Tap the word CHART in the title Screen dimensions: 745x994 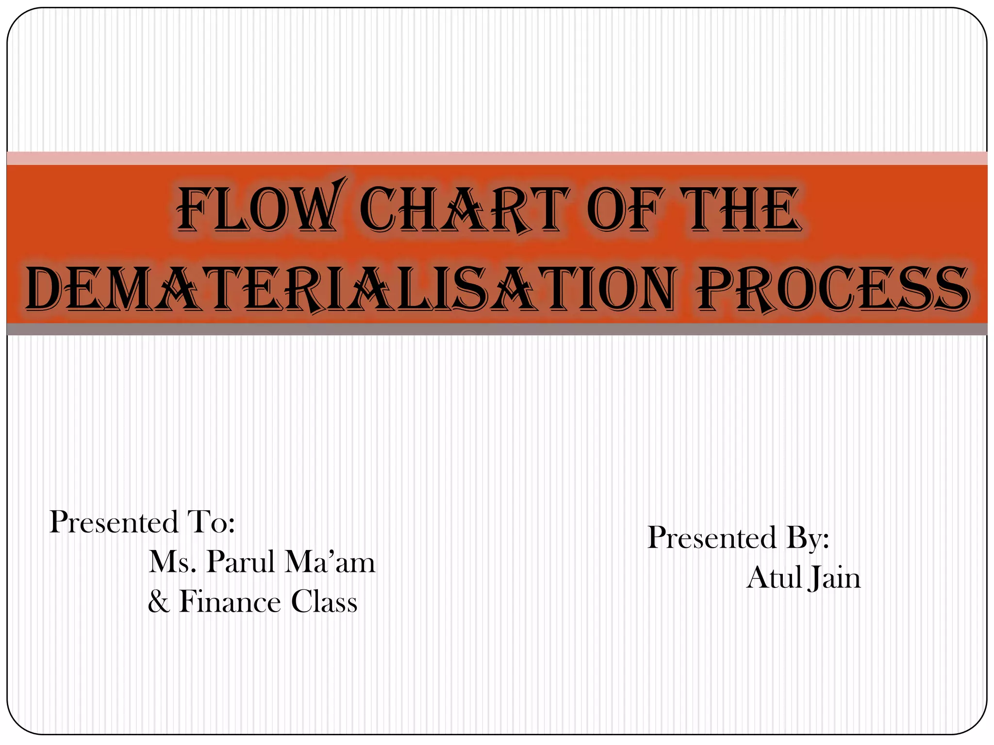point(464,210)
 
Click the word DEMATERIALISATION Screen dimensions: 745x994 point(349,290)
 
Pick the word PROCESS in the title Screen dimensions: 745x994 point(833,290)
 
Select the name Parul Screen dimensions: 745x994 point(241,562)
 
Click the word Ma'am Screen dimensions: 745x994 point(330,562)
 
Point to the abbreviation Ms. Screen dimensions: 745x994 point(172,562)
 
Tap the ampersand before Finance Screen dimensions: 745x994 point(159,602)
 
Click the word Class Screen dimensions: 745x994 point(324,602)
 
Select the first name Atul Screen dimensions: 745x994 point(775,578)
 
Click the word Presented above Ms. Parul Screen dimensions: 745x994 point(114,522)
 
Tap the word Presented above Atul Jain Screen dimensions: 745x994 point(712,538)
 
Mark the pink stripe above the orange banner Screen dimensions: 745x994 point(497,158)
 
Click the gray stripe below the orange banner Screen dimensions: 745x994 point(497,329)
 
